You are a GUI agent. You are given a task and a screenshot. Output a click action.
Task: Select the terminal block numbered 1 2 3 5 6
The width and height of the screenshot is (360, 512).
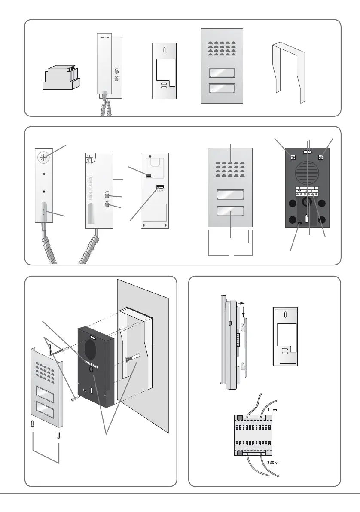tap(161, 187)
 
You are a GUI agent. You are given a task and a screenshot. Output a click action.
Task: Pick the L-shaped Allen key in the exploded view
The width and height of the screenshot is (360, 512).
tap(55, 352)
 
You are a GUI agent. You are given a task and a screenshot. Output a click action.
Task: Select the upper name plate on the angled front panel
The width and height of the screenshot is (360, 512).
tap(43, 395)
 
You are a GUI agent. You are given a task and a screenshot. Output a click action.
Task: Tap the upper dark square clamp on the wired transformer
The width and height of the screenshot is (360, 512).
tap(240, 417)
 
